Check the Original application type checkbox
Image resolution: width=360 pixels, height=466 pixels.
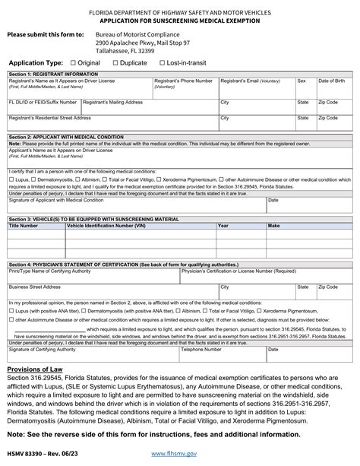[73, 62]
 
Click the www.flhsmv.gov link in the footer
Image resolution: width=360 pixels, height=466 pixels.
[174, 453]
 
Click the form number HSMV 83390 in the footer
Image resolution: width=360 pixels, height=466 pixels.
[27, 453]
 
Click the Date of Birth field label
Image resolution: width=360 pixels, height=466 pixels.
[332, 80]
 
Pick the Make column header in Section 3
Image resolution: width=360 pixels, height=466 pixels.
[273, 226]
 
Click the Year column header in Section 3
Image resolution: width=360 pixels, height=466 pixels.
[223, 226]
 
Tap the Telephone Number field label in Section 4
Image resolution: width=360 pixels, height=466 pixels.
[201, 350]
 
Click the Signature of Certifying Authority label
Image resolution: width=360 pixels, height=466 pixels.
[42, 350]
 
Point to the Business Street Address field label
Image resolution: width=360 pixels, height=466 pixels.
[34, 287]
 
